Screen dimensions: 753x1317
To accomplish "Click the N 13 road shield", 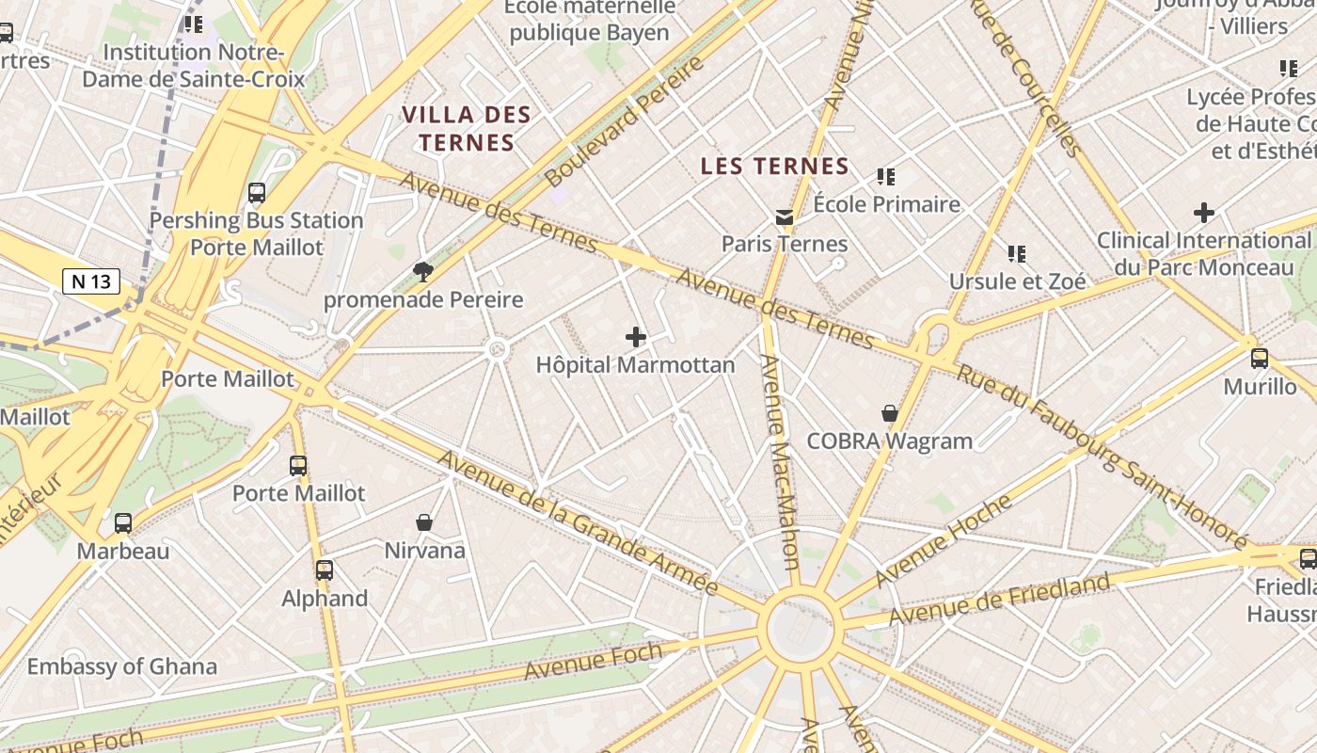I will point(91,280).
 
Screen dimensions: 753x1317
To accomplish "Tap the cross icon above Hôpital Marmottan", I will point(636,336).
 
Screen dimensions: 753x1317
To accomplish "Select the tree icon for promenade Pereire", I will point(423,272).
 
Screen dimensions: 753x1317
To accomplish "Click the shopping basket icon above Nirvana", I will point(424,522).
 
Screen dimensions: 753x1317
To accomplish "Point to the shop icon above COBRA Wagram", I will point(889,413).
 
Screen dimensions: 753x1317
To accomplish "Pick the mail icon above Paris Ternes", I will point(784,217).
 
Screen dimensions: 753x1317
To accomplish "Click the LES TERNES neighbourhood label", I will point(774,167).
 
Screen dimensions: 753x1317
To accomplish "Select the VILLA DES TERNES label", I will point(467,129).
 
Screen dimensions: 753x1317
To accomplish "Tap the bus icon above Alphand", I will point(325,569).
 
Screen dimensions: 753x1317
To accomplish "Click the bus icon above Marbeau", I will point(123,523).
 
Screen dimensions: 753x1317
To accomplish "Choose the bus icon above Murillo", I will point(1260,359).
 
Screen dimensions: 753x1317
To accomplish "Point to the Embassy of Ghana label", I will point(121,666).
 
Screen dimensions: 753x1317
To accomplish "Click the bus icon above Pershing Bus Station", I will point(257,193).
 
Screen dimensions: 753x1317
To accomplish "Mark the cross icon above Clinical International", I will point(1203,213).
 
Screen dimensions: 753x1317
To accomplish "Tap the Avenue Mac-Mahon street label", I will point(781,461).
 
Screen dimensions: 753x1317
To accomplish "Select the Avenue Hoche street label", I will point(944,539).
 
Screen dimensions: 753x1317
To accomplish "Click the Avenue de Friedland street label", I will point(1000,600).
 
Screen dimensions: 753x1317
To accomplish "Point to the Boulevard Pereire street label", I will point(624,120).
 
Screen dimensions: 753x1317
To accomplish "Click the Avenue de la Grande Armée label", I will point(578,522).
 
